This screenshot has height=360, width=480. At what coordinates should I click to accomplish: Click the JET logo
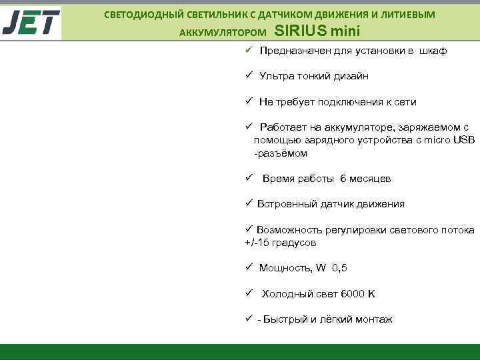click(31, 23)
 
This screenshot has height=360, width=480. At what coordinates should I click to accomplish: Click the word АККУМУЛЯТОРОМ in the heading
click(222, 32)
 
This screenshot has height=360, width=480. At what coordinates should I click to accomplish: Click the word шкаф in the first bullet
click(433, 51)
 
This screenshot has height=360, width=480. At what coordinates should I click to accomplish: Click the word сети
click(405, 102)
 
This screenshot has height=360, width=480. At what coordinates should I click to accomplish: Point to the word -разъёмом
click(281, 153)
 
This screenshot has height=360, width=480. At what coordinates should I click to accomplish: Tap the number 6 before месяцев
click(343, 179)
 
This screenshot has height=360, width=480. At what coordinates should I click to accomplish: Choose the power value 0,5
click(339, 268)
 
